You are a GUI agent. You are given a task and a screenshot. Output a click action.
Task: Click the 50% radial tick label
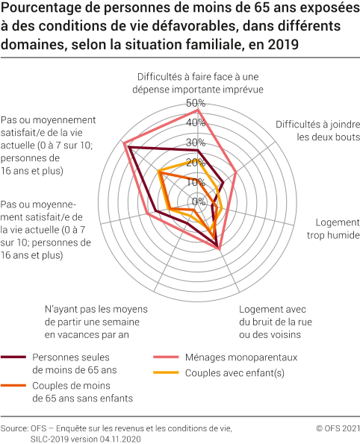pos(197,103)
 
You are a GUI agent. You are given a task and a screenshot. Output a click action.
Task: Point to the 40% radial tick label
pos(197,122)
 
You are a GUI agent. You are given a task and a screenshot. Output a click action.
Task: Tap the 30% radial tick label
pos(197,143)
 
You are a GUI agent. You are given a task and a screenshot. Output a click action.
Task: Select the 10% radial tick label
pos(197,182)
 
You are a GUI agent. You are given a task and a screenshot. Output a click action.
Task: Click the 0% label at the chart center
pos(199,201)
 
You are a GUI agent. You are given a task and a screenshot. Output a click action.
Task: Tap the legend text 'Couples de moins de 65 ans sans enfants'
pos(82,392)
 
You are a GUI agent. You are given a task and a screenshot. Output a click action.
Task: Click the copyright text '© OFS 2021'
pos(338,428)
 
